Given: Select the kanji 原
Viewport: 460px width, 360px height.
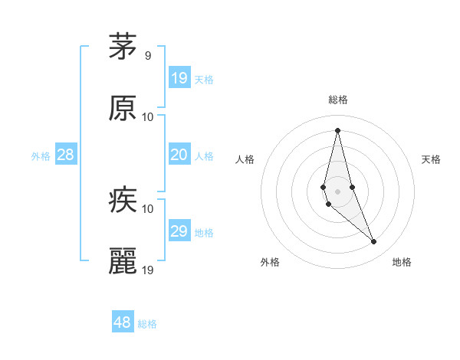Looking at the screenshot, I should pyautogui.click(x=123, y=108).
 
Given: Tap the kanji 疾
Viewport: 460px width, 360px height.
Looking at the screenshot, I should pyautogui.click(x=123, y=201).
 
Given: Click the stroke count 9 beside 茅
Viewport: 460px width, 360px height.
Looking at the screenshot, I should pyautogui.click(x=148, y=56).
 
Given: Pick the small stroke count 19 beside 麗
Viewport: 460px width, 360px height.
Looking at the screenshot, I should pyautogui.click(x=149, y=270).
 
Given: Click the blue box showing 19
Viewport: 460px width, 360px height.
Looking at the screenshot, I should pyautogui.click(x=179, y=78).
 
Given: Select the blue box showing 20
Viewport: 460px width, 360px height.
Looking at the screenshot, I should pyautogui.click(x=179, y=155).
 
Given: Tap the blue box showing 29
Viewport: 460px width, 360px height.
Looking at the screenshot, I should pyautogui.click(x=179, y=231).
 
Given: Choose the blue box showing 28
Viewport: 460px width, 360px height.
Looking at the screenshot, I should pyautogui.click(x=66, y=155).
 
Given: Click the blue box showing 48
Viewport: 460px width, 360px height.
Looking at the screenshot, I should pyautogui.click(x=123, y=322).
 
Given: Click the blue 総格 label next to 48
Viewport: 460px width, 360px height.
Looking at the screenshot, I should pyautogui.click(x=147, y=324).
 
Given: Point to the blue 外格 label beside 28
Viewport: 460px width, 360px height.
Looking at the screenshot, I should pyautogui.click(x=41, y=156).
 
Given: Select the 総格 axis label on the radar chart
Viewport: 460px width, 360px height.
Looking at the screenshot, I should pyautogui.click(x=338, y=100).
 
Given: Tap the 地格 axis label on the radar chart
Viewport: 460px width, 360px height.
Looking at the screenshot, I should pyautogui.click(x=402, y=263).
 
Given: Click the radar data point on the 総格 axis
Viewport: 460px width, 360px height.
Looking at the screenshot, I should pyautogui.click(x=338, y=130).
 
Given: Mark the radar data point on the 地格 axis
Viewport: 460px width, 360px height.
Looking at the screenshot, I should pyautogui.click(x=374, y=242).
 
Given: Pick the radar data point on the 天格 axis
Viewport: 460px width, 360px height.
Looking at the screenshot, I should pyautogui.click(x=352, y=188).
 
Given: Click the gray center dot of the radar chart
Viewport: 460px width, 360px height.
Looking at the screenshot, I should pyautogui.click(x=338, y=191).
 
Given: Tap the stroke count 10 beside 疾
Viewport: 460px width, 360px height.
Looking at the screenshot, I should pyautogui.click(x=148, y=208).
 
